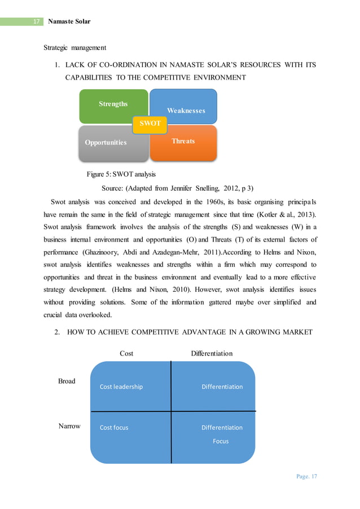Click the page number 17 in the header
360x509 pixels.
click(36, 21)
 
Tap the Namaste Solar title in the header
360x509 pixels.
click(69, 21)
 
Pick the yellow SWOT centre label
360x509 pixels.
click(150, 123)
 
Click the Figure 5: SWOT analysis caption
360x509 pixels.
click(121, 174)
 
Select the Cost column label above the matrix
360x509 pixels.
click(126, 353)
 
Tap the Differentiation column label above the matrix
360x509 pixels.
click(212, 353)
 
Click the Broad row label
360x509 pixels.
click(67, 381)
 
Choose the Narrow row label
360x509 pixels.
click(69, 426)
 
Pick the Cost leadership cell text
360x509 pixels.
click(121, 387)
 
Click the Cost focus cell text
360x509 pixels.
click(114, 427)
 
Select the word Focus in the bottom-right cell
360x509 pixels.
click(221, 441)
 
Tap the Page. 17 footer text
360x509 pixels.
click(306, 476)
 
